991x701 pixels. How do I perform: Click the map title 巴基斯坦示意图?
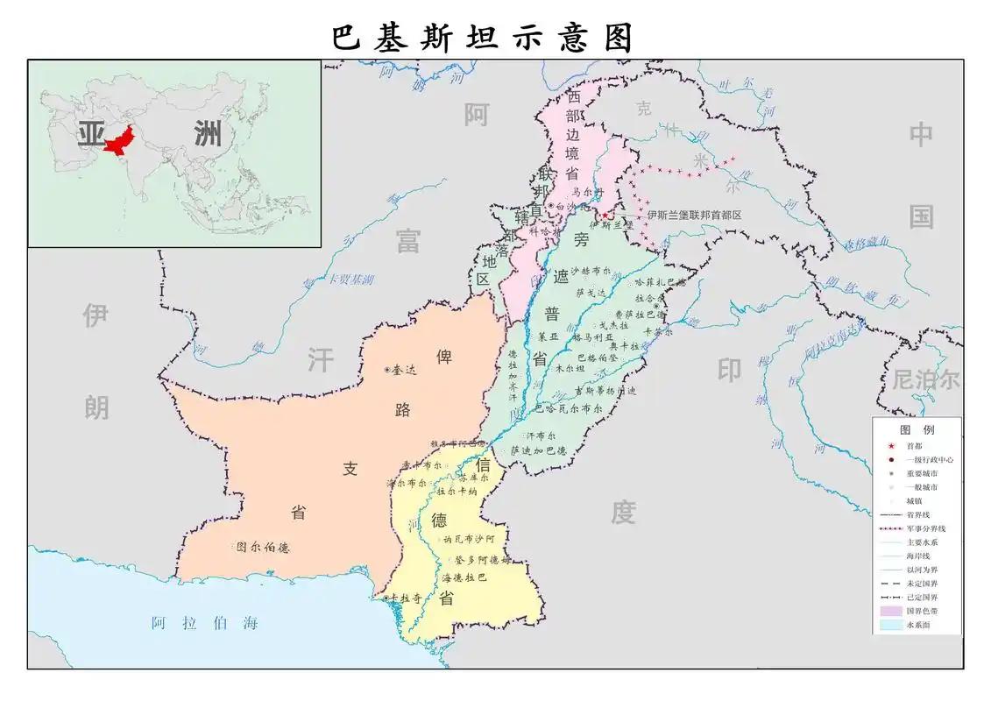click(x=483, y=38)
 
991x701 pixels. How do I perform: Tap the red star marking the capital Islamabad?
click(x=605, y=215)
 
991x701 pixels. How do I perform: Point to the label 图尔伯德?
click(x=263, y=548)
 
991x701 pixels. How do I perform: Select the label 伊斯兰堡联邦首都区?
click(x=695, y=215)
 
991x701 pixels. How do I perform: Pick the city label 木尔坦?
click(x=570, y=370)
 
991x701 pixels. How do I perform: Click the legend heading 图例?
click(x=917, y=430)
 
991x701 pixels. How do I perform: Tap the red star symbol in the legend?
click(x=889, y=446)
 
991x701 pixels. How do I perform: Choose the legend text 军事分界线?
click(x=926, y=529)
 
